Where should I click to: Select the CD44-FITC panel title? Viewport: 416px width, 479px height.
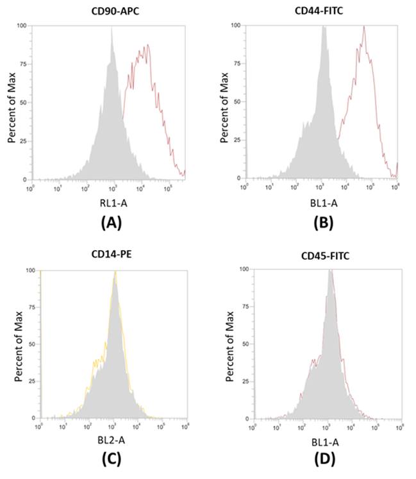coord(320,10)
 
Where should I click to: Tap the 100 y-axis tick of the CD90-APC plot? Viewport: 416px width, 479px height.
coord(22,26)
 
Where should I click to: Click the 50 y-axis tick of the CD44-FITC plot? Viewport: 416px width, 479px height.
coord(237,102)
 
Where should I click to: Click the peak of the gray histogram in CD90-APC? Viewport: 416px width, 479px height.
coord(112,28)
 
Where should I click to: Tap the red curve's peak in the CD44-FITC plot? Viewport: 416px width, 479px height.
coord(363,27)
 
